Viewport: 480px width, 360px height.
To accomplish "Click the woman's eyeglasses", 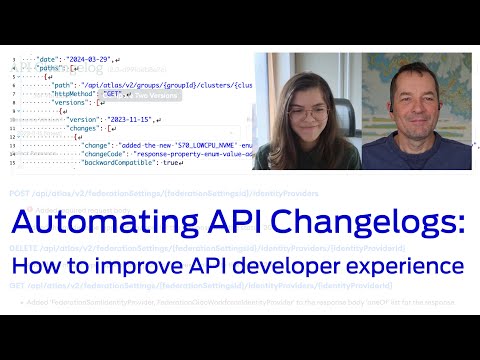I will [x=302, y=101].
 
